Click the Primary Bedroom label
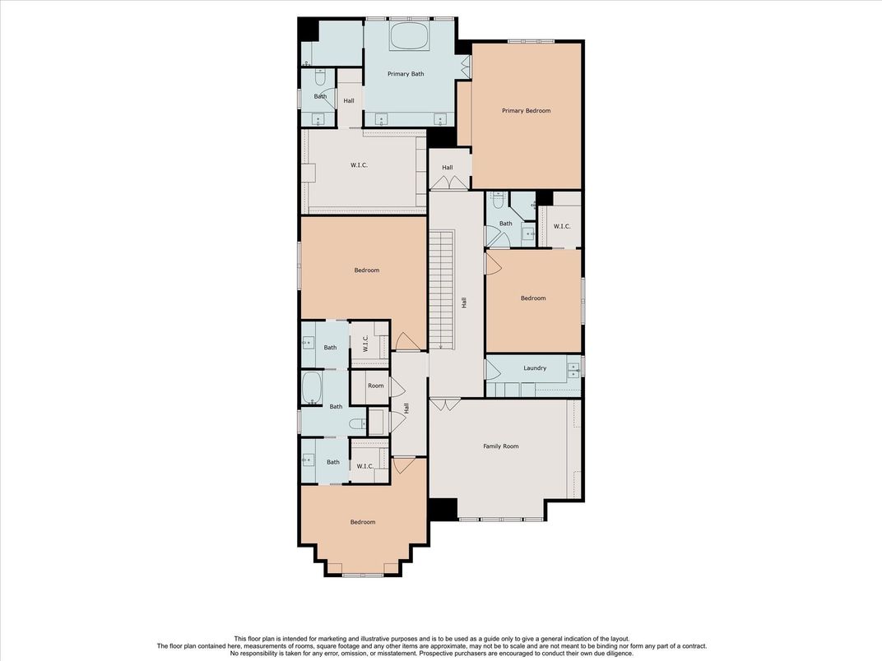(526, 111)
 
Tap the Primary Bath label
(406, 74)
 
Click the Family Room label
(500, 446)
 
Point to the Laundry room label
(534, 368)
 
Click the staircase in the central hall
(441, 290)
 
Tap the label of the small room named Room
(376, 386)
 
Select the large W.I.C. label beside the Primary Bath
(359, 165)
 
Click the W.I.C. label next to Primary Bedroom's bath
(561, 227)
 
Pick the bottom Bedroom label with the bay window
(363, 522)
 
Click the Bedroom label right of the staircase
(532, 298)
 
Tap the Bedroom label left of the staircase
(367, 270)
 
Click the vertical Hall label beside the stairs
(464, 303)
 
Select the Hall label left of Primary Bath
(349, 101)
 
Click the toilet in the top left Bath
(320, 77)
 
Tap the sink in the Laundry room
(573, 369)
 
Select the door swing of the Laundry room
(493, 369)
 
